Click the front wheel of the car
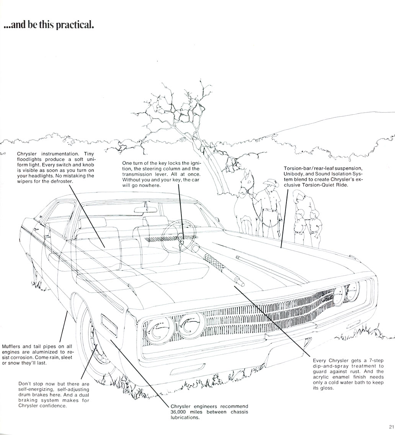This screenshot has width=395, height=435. pyautogui.click(x=98, y=343)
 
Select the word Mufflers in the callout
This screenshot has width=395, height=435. pyautogui.click(x=11, y=346)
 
